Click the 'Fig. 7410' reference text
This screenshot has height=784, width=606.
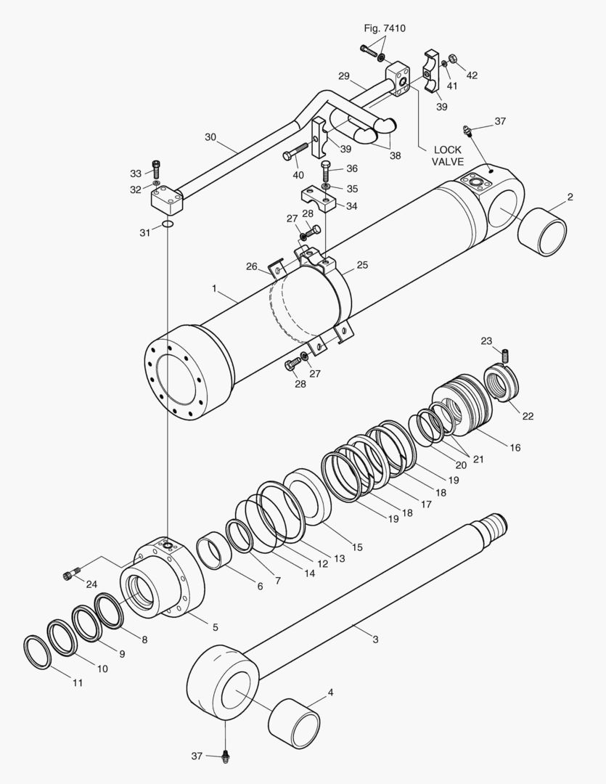point(385,28)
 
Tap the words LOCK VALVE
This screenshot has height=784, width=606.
point(448,155)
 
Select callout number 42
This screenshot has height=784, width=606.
point(472,75)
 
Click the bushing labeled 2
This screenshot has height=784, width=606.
point(541,232)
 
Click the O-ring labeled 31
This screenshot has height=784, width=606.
point(168,224)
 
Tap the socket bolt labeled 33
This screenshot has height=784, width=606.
point(156,169)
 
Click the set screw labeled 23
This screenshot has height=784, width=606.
point(505,355)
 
